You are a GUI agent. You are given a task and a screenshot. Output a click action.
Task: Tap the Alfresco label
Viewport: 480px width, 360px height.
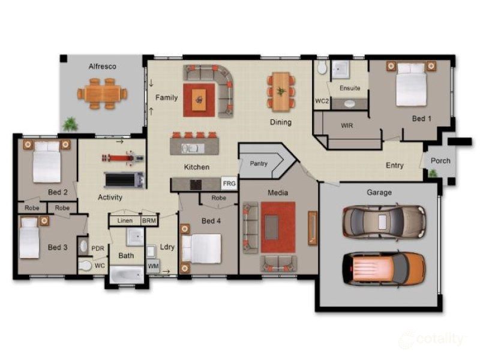click(101, 66)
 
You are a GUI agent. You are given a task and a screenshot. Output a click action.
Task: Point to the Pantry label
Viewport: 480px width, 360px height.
click(259, 163)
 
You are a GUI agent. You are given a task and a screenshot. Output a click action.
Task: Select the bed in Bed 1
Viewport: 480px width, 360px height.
click(411, 85)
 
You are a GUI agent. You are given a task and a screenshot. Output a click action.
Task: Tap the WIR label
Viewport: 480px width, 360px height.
click(347, 126)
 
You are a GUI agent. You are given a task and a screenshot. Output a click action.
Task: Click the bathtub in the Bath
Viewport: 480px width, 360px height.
click(127, 275)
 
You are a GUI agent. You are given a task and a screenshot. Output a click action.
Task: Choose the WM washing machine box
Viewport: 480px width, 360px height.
click(153, 265)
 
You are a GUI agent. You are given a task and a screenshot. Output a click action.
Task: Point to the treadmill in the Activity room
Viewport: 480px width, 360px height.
click(124, 179)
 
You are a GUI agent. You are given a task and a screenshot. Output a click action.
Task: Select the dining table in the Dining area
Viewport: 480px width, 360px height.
click(281, 92)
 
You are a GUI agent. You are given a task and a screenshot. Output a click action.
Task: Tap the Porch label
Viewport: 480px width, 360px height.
click(440, 161)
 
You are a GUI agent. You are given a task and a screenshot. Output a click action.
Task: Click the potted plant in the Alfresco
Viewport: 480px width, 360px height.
click(71, 124)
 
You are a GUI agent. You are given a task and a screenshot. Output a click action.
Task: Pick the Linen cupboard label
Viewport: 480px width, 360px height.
click(125, 221)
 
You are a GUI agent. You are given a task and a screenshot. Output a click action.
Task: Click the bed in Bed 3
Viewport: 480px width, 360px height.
click(30, 238)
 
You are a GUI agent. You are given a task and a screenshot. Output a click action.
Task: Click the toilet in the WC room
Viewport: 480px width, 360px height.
click(86, 265)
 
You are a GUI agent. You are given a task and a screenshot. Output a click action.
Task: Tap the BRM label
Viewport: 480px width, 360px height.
click(148, 221)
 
